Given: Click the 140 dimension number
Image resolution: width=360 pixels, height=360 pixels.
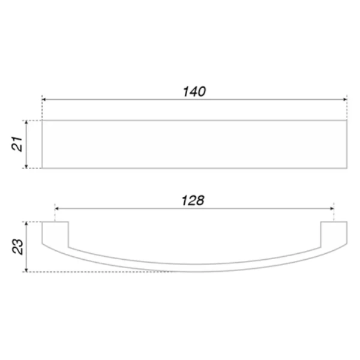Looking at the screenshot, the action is pyautogui.click(x=194, y=91).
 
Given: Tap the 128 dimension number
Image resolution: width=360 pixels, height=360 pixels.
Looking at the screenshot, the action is pyautogui.click(x=193, y=200).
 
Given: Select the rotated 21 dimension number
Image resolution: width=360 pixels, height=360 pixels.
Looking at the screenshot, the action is pyautogui.click(x=17, y=144).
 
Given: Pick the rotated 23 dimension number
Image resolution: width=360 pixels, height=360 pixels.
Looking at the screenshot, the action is pyautogui.click(x=17, y=247).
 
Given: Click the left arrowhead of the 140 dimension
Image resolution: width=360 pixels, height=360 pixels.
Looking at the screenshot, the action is pyautogui.click(x=44, y=100).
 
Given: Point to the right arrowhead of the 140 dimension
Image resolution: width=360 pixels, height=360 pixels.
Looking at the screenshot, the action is pyautogui.click(x=345, y=100).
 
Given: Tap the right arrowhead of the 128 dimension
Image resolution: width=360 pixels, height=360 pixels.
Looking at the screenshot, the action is pyautogui.click(x=332, y=208).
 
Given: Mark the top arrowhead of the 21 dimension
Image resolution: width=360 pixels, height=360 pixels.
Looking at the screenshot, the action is pyautogui.click(x=26, y=122).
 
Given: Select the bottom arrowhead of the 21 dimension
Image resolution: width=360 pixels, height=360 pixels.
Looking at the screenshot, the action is pyautogui.click(x=26, y=166).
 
